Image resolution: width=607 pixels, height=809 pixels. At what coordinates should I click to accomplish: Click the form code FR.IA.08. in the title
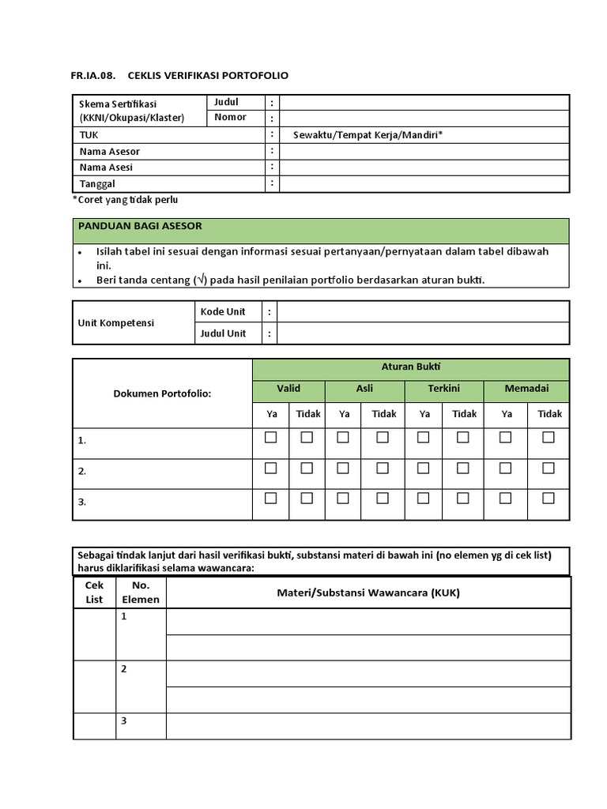(92, 76)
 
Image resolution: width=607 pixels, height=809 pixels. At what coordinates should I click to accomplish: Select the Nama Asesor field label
(110, 152)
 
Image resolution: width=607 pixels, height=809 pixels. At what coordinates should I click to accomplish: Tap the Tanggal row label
(97, 184)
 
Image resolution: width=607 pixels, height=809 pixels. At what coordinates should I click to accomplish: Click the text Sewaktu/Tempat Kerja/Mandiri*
(368, 135)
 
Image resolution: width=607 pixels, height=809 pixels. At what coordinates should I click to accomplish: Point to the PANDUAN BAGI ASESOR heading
(139, 226)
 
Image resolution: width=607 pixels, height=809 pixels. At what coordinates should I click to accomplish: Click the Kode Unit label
(223, 312)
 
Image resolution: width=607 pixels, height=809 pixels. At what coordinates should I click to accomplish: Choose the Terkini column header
(443, 389)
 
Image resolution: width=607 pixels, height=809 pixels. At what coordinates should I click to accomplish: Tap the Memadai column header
(526, 389)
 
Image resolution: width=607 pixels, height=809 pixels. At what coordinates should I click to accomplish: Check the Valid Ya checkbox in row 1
(270, 438)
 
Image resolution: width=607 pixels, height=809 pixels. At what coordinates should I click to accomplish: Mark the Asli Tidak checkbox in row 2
(383, 468)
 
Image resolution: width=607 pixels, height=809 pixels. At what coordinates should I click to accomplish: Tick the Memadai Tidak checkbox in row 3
(549, 498)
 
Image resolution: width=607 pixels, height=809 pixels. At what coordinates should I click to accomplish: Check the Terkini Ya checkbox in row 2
(424, 468)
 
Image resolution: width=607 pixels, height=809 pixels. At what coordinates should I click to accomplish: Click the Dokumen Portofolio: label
(162, 393)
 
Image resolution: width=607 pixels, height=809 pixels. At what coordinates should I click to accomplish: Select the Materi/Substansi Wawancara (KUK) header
(368, 593)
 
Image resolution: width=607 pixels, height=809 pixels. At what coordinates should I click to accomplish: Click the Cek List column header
(94, 593)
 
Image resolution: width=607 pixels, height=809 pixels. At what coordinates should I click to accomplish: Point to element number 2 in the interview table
(124, 669)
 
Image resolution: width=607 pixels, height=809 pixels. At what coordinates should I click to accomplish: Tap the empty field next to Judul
(424, 102)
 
